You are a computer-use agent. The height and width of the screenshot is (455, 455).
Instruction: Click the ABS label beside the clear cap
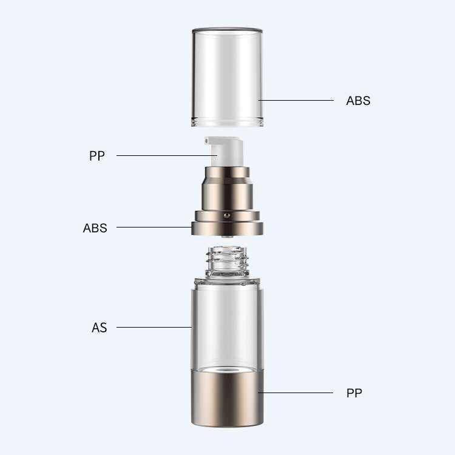[358, 101]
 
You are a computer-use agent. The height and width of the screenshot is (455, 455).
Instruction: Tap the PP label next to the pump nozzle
[97, 156]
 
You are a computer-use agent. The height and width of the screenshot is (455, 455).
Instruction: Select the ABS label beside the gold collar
[95, 228]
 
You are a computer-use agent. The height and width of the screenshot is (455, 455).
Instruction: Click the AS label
[99, 328]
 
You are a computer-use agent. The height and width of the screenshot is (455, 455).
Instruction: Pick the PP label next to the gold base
[354, 393]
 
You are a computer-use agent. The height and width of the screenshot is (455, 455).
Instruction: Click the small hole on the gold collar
[226, 214]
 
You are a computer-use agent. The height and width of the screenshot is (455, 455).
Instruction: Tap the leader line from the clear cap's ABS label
[297, 100]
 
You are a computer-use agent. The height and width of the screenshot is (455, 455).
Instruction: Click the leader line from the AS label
[155, 328]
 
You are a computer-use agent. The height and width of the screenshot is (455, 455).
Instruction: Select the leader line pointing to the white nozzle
[164, 156]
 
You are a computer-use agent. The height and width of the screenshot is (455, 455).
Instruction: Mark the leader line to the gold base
[297, 393]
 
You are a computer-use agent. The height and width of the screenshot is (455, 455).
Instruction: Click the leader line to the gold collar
[155, 227]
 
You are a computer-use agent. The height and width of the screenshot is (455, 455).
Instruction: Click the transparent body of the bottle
[227, 322]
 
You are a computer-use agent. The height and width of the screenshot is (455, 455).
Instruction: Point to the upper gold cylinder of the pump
[227, 188]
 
